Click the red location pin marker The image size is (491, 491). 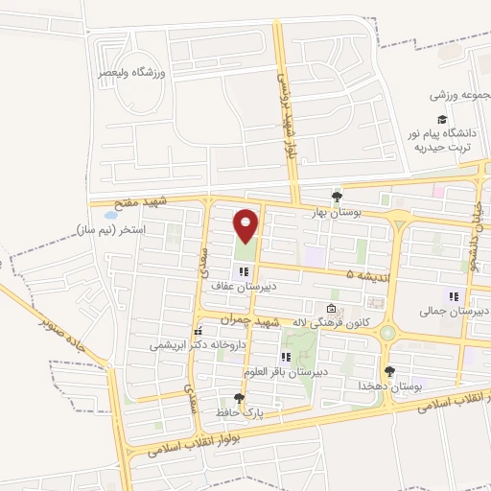[246, 225]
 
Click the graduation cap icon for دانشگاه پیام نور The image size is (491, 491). [441, 120]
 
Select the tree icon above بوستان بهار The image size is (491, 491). [335, 196]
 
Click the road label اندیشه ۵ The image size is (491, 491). [357, 275]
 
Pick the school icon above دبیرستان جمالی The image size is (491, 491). [454, 296]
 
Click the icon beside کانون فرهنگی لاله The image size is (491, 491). [331, 309]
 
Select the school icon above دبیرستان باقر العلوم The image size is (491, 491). [285, 357]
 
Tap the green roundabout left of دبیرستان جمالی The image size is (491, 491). [386, 333]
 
